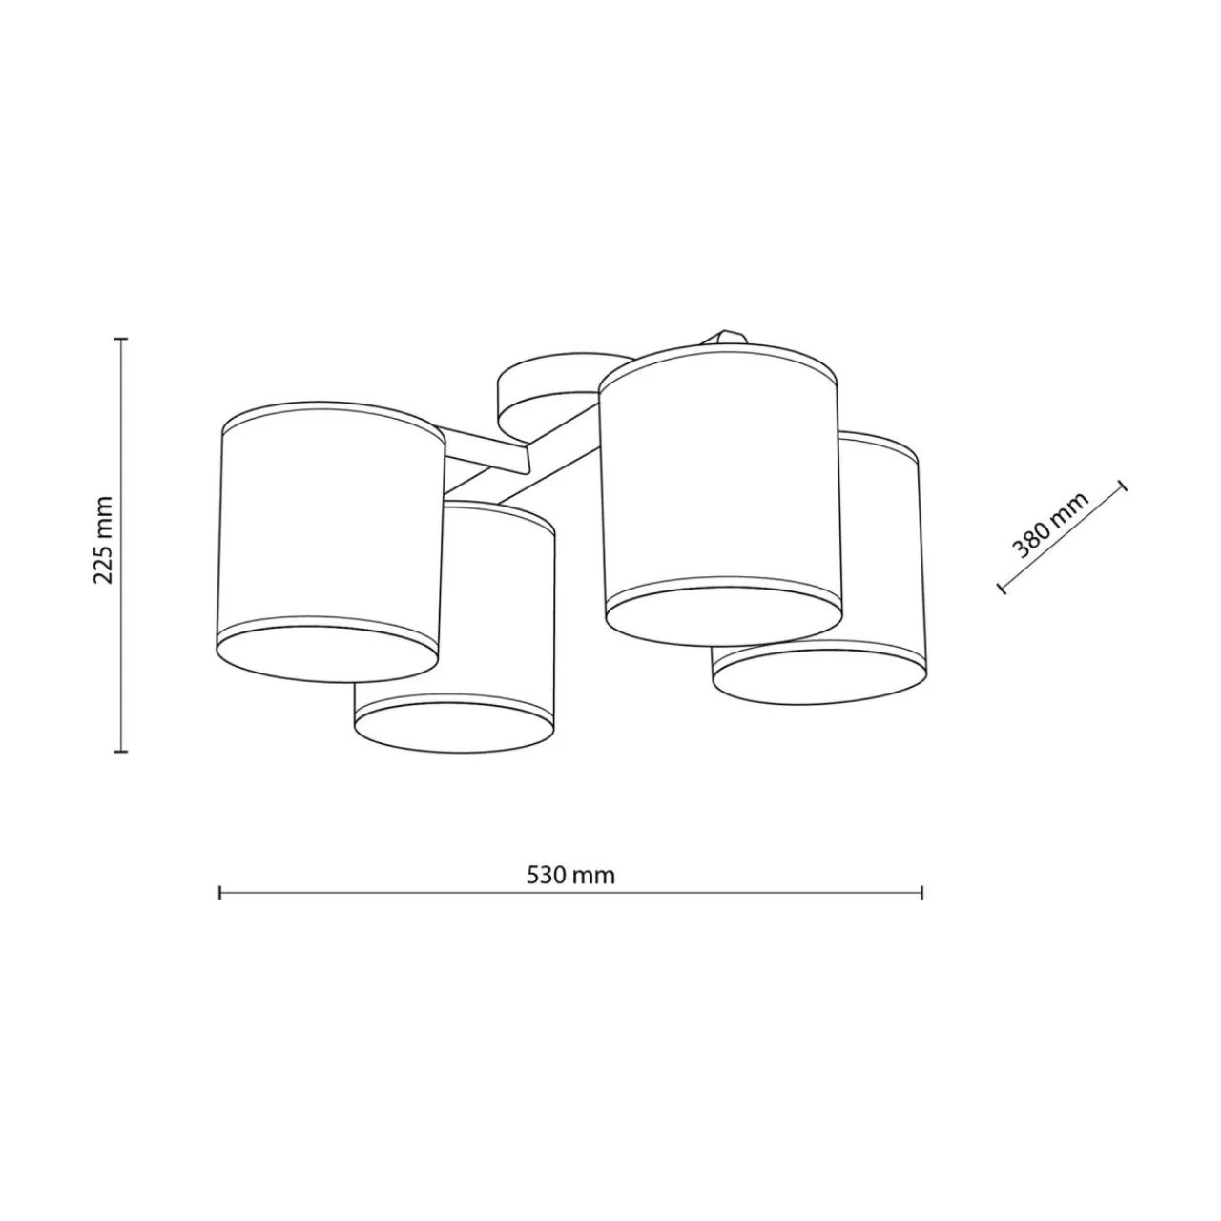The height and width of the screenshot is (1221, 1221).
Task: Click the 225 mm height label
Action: click(103, 541)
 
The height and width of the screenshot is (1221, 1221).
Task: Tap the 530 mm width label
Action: click(570, 875)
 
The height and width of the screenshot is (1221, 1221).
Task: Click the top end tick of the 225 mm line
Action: click(122, 339)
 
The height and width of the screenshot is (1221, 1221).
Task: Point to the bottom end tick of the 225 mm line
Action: click(122, 752)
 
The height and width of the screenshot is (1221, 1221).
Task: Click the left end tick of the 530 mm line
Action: click(219, 893)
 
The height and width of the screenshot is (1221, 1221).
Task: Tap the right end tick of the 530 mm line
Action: click(921, 893)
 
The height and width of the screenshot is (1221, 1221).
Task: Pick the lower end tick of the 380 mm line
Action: click(1002, 588)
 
